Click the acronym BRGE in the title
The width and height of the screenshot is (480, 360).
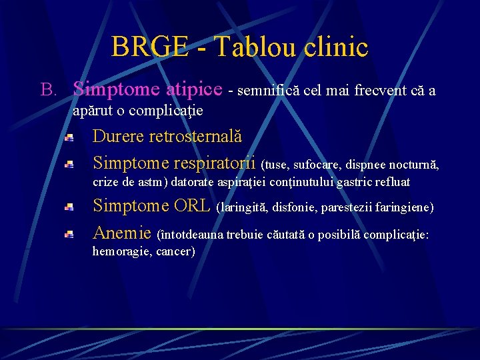(150, 47)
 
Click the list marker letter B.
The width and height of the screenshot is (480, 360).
(46, 89)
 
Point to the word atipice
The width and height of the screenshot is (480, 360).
(194, 89)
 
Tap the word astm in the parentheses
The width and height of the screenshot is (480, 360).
(157, 182)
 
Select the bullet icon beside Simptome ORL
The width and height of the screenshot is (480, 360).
(69, 208)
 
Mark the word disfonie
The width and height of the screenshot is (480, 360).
(294, 208)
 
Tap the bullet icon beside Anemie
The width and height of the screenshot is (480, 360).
(69, 234)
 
